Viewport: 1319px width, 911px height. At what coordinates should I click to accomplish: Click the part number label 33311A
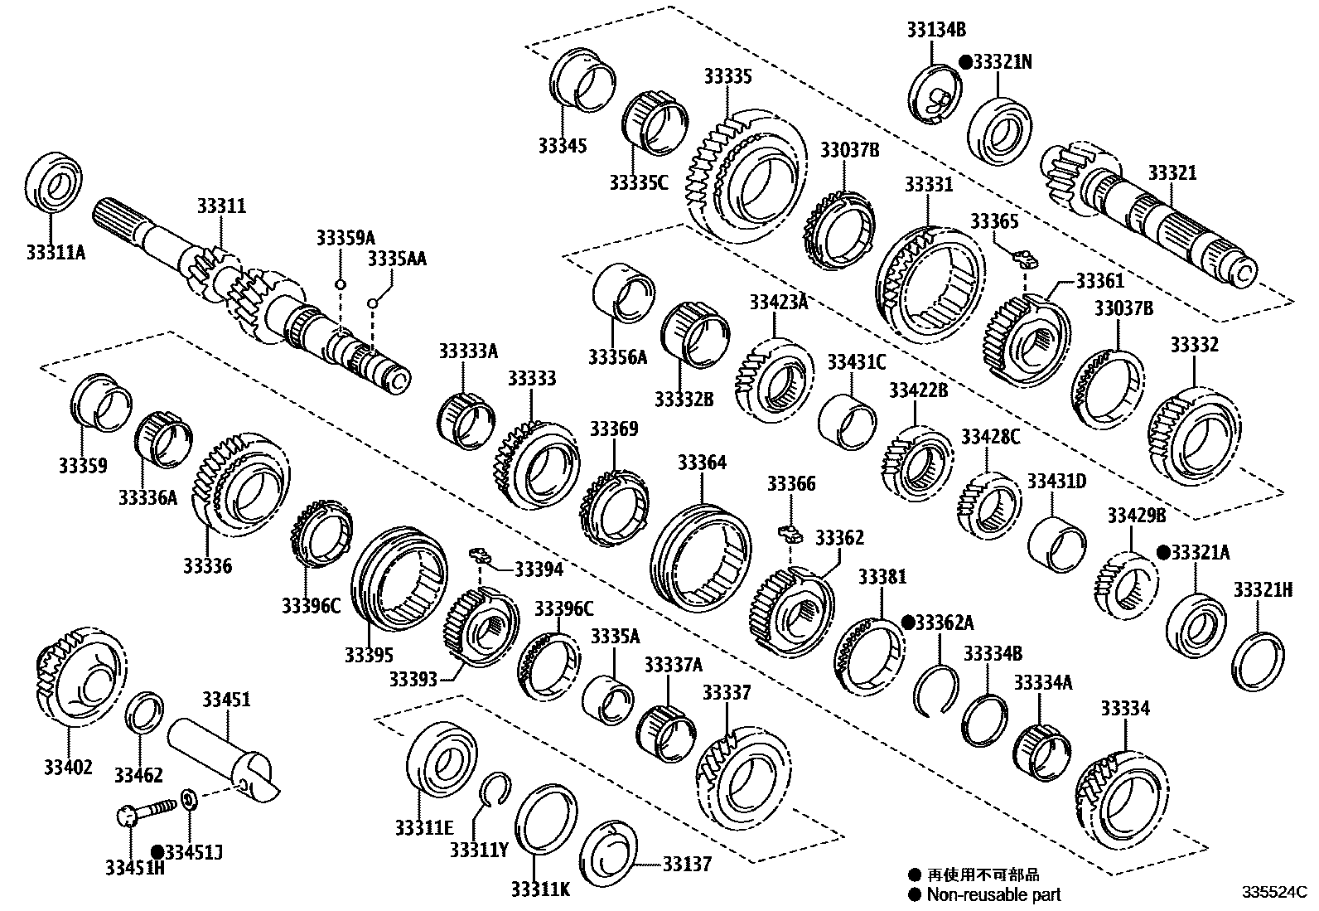click(54, 250)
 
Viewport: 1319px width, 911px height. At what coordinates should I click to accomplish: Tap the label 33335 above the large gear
click(727, 76)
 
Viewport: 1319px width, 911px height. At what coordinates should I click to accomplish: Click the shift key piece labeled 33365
click(1026, 256)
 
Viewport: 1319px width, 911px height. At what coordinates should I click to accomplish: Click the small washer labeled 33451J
click(189, 799)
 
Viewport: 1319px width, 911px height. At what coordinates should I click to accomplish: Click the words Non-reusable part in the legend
click(993, 894)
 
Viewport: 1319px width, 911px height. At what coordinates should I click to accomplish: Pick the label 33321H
click(1263, 589)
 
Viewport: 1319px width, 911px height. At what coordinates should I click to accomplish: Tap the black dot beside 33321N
click(965, 61)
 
